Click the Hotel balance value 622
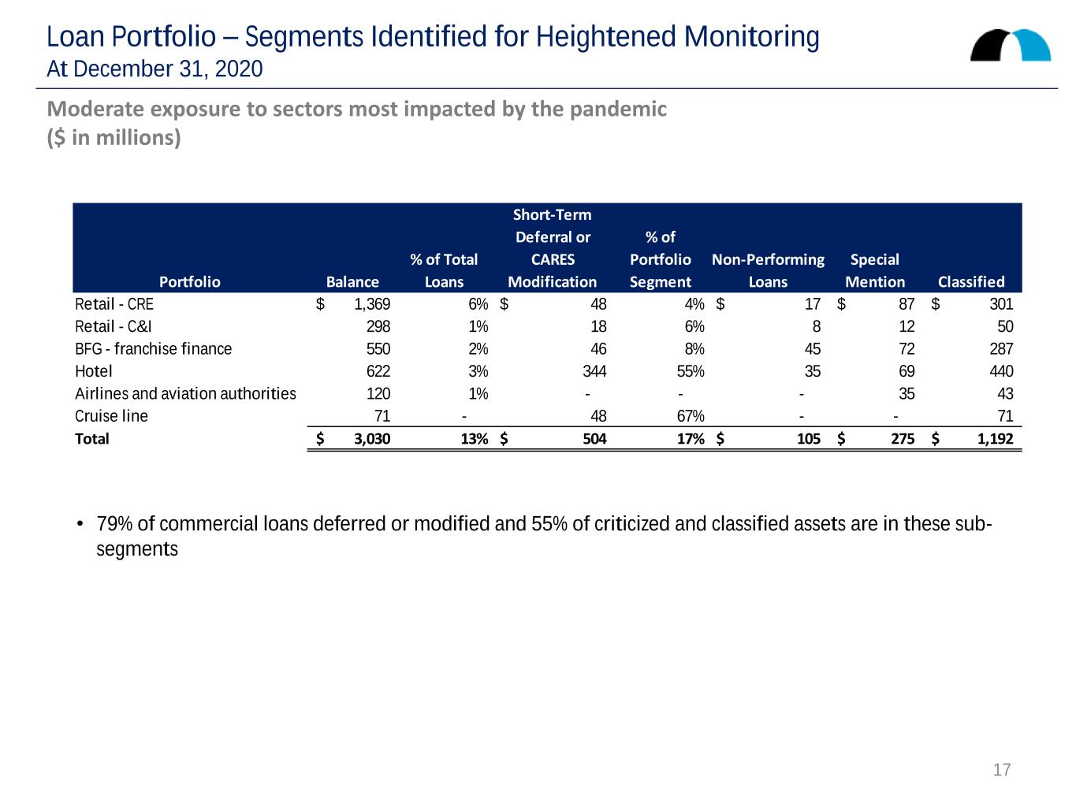[x=378, y=371]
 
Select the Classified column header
[x=970, y=281]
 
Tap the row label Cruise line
[x=111, y=416]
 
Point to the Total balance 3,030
[x=372, y=438]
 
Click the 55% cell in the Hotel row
[x=691, y=371]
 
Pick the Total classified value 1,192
[x=995, y=438]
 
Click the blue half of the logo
[x=1033, y=45]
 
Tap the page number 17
[x=1001, y=769]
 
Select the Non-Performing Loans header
[x=768, y=270]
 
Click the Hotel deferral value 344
[x=594, y=371]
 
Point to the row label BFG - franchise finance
[x=154, y=349]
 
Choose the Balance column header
[x=352, y=281]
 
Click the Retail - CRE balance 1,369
[x=372, y=304]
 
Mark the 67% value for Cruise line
[x=691, y=416]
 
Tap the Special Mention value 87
[x=907, y=304]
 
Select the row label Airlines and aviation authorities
[x=185, y=393]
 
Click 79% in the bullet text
[x=114, y=524]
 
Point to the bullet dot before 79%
[x=80, y=524]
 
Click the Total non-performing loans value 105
[x=808, y=438]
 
